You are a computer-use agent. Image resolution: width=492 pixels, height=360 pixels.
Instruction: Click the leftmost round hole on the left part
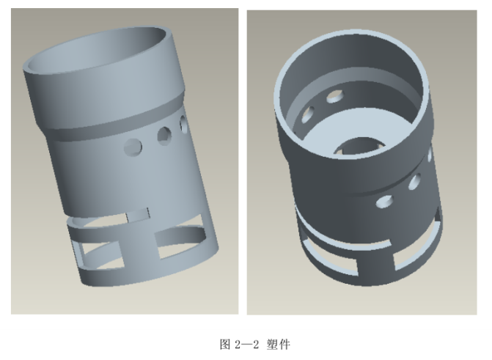pos(133,146)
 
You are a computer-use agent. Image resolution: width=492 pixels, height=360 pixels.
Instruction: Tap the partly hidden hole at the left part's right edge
pos(183,122)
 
